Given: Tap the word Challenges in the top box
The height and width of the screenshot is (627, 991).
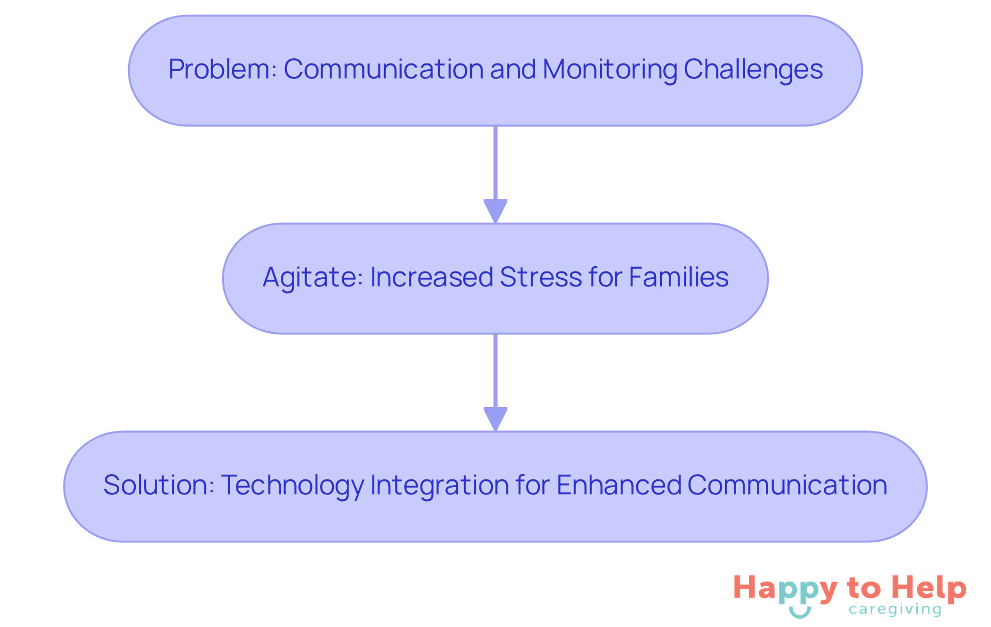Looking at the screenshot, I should (x=753, y=69).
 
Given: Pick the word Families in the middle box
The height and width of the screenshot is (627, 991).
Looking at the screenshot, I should (x=678, y=277).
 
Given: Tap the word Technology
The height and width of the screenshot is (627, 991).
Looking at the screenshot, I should (x=292, y=485).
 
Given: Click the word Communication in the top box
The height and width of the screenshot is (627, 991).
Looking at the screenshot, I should (x=383, y=69).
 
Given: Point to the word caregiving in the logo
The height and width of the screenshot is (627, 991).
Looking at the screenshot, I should (x=894, y=609).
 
